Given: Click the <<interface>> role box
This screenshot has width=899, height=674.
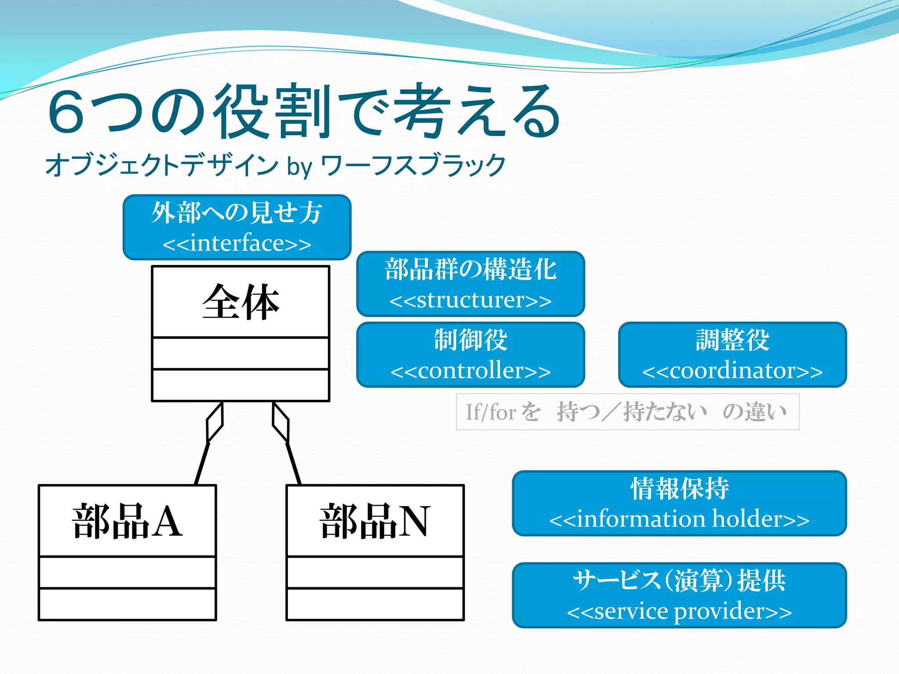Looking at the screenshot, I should pos(237,227).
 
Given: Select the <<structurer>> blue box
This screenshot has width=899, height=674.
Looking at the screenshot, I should pos(471,284).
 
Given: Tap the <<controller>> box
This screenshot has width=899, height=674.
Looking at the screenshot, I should pos(471,355).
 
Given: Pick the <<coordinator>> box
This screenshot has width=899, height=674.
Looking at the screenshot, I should pos(732,355).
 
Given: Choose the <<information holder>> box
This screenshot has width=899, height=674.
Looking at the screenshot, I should pos(679,503).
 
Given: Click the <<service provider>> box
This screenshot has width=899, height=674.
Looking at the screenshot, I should pos(679,595).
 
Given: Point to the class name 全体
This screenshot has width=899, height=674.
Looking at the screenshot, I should pos(241,302).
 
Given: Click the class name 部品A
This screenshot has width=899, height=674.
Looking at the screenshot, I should pos(127,521).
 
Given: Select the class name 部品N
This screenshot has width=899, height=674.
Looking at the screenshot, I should pos(375,521).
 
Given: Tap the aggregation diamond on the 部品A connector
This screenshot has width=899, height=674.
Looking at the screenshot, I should pos(215,422).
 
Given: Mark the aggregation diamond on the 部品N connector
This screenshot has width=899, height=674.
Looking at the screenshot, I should pos(280,422).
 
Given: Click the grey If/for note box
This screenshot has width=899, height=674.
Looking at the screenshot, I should pos(628,412).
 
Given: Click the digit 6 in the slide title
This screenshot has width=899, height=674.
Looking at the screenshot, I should pos(67,111).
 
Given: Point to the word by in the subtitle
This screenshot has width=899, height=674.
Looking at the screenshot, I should pos(299,166).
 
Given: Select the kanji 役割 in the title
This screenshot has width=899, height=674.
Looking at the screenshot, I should pos(272,111).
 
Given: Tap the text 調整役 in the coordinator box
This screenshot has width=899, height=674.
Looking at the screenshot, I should pos(732,340).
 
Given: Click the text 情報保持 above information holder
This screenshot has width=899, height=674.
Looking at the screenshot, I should pos(679,489).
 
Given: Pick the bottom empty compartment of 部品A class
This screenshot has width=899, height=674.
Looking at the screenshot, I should pos(127,604).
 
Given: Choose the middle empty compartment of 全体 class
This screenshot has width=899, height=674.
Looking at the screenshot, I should pos(241,353).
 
